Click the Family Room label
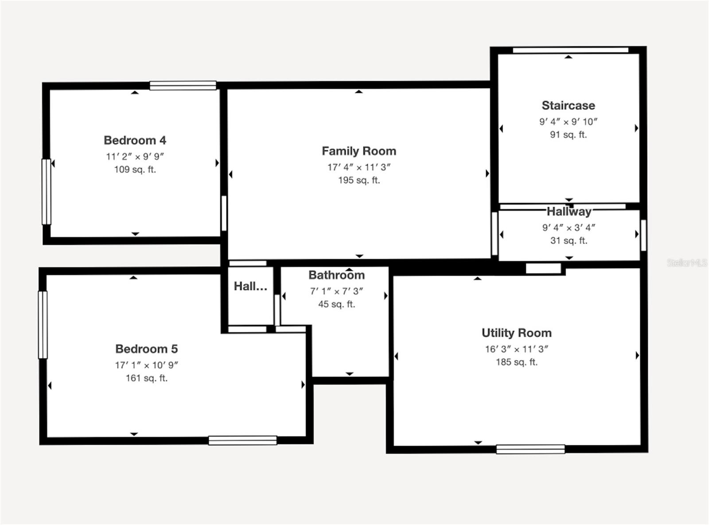point(359,151)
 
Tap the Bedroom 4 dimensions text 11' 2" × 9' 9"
point(135,156)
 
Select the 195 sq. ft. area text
point(359,180)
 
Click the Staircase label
point(568,105)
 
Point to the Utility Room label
point(516,333)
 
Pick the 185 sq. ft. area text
point(516,362)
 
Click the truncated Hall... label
point(250,286)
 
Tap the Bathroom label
point(336,275)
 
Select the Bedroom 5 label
point(146,349)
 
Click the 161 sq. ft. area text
point(146,378)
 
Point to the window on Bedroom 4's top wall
point(183,86)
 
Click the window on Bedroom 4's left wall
point(46,192)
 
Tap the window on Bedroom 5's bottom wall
point(242,440)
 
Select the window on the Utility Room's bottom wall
point(530,449)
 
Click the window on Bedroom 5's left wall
point(43,324)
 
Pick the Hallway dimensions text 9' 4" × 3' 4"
point(569,227)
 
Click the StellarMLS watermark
point(686,263)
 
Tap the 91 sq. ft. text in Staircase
point(568,135)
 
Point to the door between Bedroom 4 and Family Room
point(224,213)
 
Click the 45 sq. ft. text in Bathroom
point(336,304)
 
